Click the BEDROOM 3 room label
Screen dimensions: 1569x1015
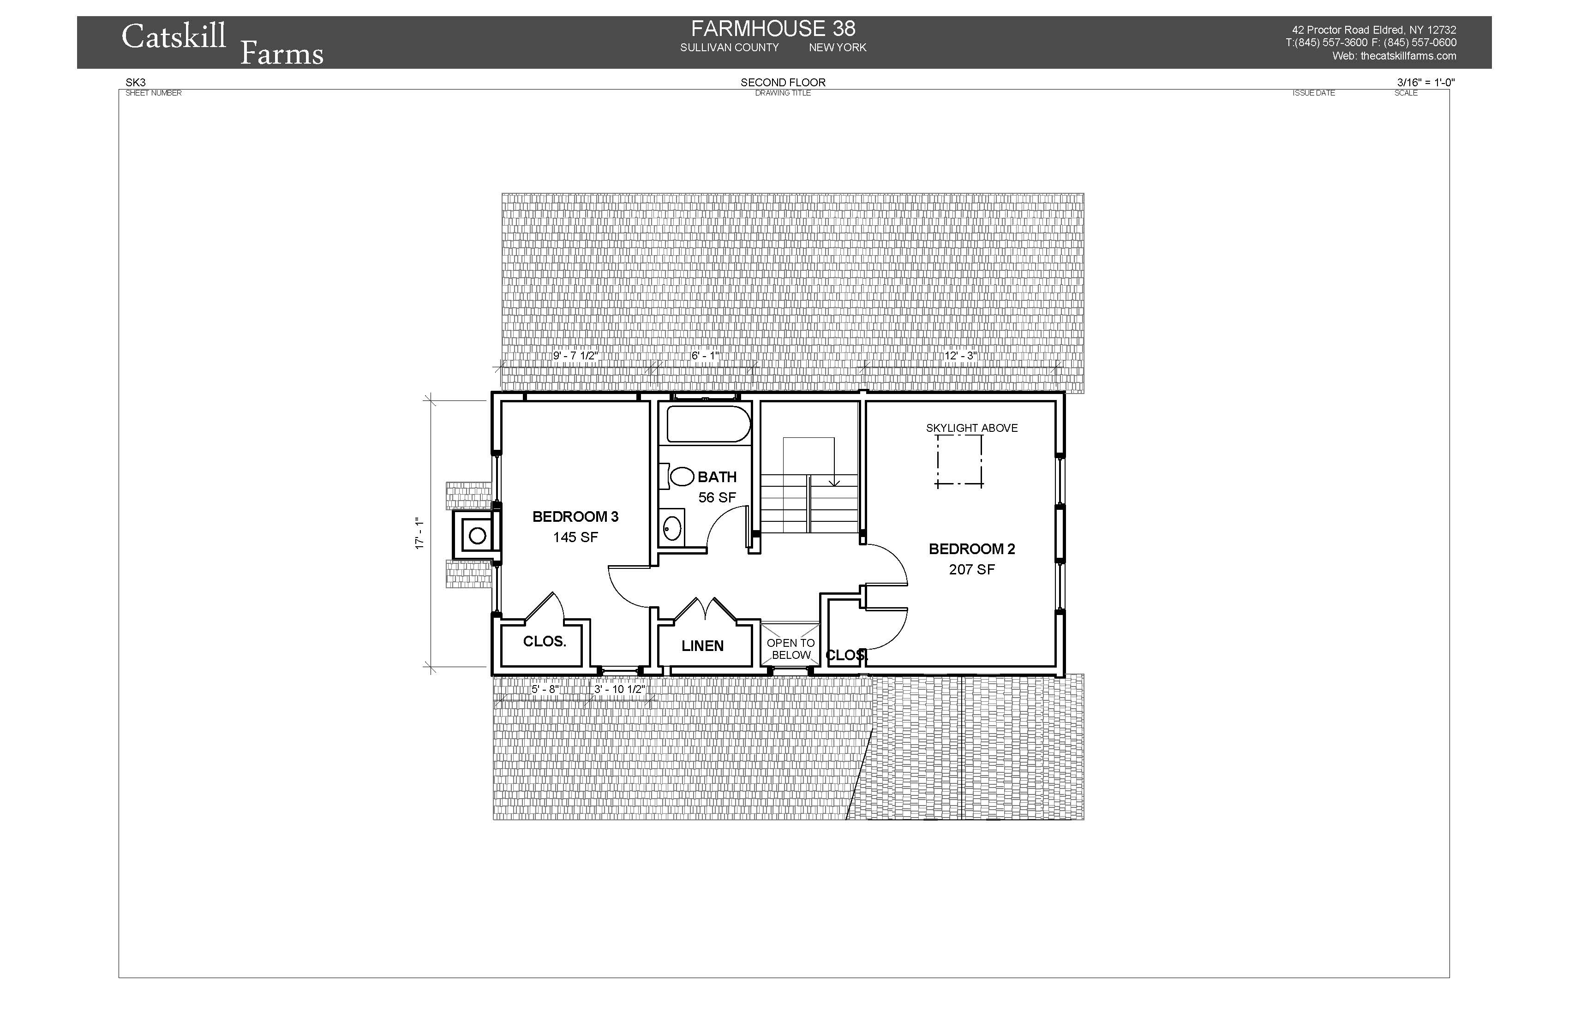tap(575, 517)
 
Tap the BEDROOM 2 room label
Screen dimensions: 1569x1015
tap(972, 549)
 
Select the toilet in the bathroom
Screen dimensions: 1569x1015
tap(678, 477)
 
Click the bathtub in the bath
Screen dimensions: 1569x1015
tap(709, 424)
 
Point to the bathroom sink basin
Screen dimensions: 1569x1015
tap(672, 529)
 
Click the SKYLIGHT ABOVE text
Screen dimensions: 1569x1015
tap(972, 429)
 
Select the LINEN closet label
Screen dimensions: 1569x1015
tap(703, 646)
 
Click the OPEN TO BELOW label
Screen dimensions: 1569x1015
tap(791, 649)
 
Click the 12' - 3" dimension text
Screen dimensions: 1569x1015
tap(960, 356)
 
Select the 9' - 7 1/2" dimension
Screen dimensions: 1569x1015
tap(575, 356)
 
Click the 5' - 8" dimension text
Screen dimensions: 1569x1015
tap(545, 689)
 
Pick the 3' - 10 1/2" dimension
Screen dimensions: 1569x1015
tap(620, 689)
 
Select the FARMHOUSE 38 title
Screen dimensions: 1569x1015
tap(773, 29)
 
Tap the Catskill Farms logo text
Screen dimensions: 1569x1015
tap(222, 44)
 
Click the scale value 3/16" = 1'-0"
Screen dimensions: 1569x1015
tap(1426, 83)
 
